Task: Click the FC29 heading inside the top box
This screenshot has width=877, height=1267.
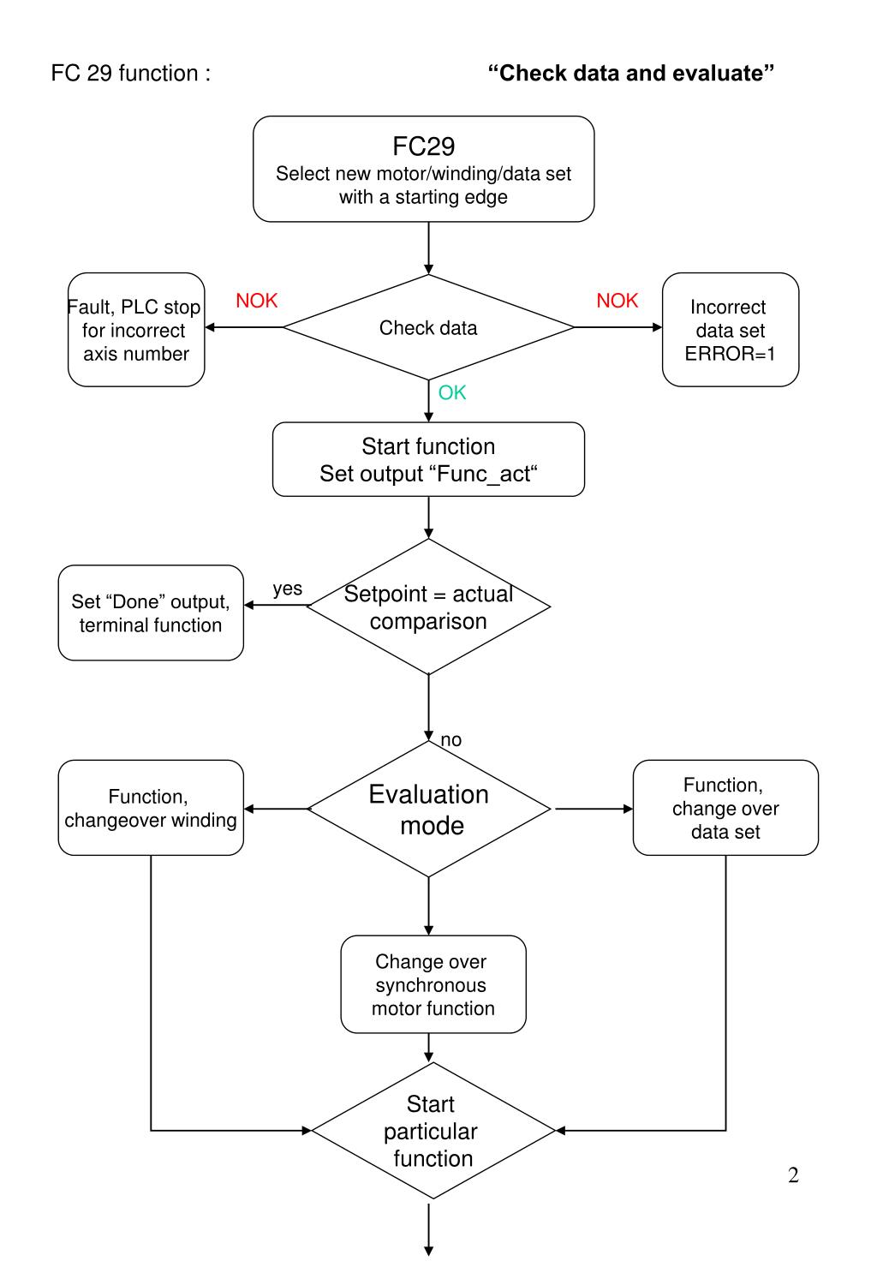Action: pyautogui.click(x=424, y=146)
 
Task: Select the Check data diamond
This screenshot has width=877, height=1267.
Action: pyautogui.click(x=428, y=327)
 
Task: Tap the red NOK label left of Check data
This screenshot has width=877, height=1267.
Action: pyautogui.click(x=257, y=301)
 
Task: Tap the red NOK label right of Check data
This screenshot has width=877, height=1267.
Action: pyautogui.click(x=617, y=301)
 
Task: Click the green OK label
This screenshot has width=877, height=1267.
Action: pyautogui.click(x=452, y=392)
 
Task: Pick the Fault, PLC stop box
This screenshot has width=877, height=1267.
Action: pyautogui.click(x=136, y=330)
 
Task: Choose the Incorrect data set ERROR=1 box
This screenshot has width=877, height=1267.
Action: pyautogui.click(x=731, y=330)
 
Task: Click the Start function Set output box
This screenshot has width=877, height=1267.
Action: pyautogui.click(x=428, y=459)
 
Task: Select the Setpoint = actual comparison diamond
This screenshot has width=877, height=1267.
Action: pyautogui.click(x=428, y=607)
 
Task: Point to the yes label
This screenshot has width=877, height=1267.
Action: pyautogui.click(x=287, y=589)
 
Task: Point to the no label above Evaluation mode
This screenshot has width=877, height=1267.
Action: pyautogui.click(x=450, y=740)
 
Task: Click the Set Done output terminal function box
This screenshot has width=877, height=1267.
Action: pyautogui.click(x=151, y=613)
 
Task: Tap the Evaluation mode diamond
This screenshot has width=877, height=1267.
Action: pyautogui.click(x=428, y=809)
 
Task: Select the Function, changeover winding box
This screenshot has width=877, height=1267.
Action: pyautogui.click(x=151, y=808)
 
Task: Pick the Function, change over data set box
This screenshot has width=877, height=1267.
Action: pyautogui.click(x=725, y=808)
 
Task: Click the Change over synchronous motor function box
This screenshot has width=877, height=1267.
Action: pyautogui.click(x=433, y=985)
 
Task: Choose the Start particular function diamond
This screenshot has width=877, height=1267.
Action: pyautogui.click(x=433, y=1131)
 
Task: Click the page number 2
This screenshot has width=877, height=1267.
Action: pyautogui.click(x=793, y=1175)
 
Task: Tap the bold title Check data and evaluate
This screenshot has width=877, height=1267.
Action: pyautogui.click(x=631, y=73)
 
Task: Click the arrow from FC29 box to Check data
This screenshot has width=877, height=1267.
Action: pyautogui.click(x=428, y=248)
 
